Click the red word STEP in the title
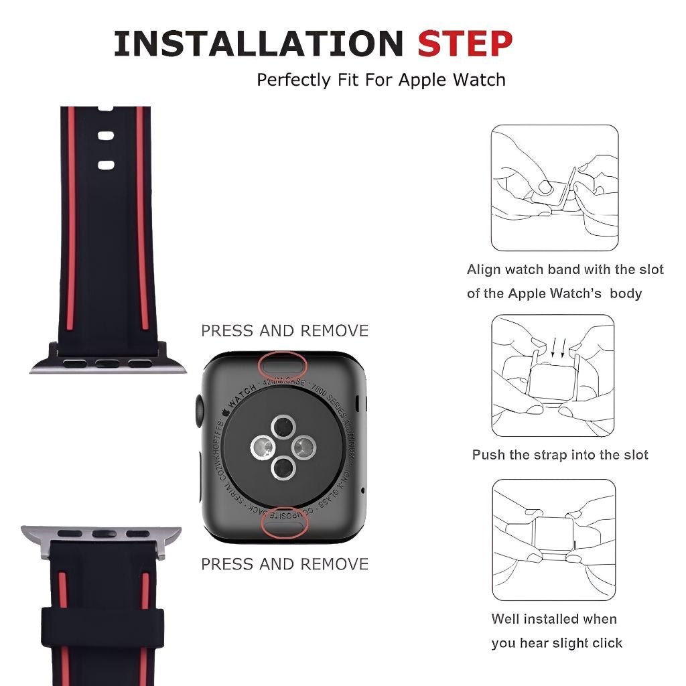[465, 44]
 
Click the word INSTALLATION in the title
[259, 44]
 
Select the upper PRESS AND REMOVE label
[285, 331]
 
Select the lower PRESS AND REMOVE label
[285, 564]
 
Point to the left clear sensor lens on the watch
[261, 447]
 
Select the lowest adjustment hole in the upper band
[106, 165]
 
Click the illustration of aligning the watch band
[554, 188]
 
